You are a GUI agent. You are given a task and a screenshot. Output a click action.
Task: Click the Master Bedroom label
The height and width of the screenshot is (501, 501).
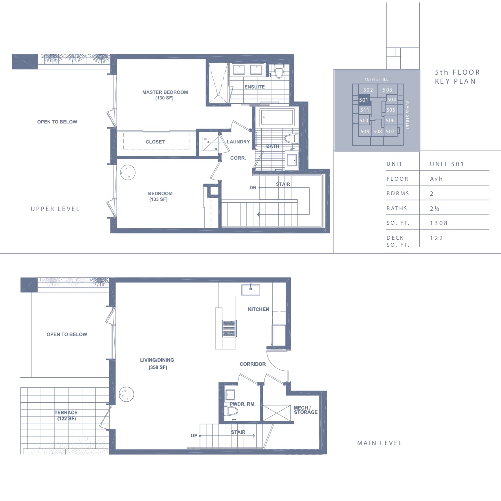[165, 95]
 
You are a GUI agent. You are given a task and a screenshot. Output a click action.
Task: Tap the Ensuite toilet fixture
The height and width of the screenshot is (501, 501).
[279, 71]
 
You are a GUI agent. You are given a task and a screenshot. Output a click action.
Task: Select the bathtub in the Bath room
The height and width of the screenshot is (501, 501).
[277, 117]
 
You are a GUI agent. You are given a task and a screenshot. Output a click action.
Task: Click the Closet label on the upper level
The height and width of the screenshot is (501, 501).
[155, 142]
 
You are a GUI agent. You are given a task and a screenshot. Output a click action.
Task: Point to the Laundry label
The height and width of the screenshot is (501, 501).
[238, 142]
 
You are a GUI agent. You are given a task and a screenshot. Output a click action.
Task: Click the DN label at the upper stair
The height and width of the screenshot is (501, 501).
[253, 187]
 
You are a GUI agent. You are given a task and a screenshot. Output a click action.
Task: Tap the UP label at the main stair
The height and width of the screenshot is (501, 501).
[194, 435]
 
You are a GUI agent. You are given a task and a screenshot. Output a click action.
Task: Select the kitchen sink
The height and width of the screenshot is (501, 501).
[251, 290]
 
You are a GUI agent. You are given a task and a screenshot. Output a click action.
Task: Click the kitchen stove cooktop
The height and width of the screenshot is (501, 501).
[229, 328]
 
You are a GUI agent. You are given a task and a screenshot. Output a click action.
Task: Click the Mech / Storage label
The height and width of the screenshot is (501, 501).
[306, 410]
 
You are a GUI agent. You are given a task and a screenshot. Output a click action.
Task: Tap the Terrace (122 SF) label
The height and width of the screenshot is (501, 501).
[66, 415]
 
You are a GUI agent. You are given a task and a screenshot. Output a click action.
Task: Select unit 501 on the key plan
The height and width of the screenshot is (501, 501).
[364, 100]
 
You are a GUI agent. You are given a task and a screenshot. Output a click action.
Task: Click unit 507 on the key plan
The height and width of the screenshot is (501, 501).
[390, 132]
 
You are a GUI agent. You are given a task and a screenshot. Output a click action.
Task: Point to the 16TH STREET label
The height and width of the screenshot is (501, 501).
[378, 79]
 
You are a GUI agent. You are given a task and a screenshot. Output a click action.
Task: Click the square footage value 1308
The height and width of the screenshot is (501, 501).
[439, 223]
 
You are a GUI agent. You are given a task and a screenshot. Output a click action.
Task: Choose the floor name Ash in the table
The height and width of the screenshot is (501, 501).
[436, 179]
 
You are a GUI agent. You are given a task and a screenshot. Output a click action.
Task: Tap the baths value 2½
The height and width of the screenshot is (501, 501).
[435, 208]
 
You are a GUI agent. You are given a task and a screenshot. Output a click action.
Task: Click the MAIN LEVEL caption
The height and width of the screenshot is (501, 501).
[380, 443]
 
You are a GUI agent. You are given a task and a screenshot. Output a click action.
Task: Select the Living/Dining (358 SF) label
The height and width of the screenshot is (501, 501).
[157, 363]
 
